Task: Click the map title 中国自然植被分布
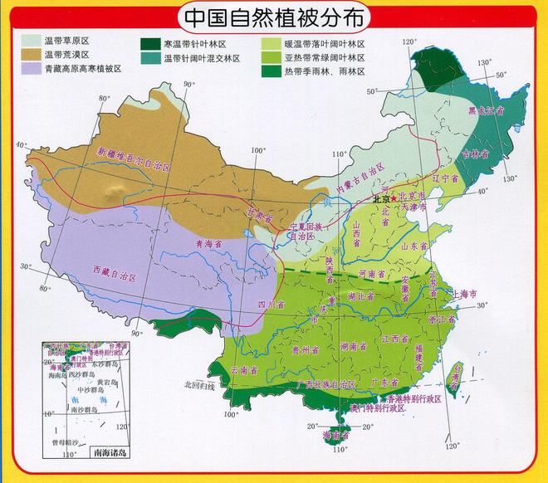click(275, 17)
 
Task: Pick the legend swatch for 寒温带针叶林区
click(150, 44)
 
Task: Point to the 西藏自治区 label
click(113, 272)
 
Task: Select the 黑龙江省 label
click(486, 110)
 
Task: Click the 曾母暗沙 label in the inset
click(64, 444)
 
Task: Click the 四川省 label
click(265, 305)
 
